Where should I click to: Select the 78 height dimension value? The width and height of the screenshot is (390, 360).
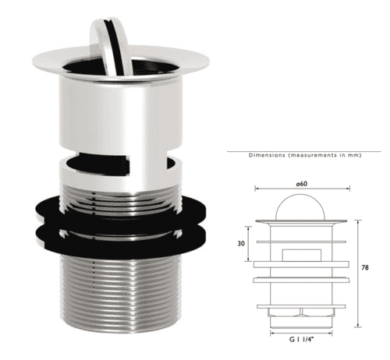[366, 267]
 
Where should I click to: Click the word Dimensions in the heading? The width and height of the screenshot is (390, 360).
[268, 156]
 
